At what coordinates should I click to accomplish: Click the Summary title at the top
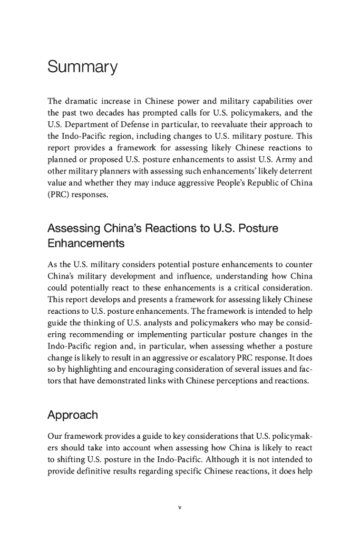click(x=82, y=67)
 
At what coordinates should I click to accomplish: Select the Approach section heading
click(x=73, y=415)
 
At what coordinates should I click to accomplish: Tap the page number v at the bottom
click(x=180, y=508)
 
